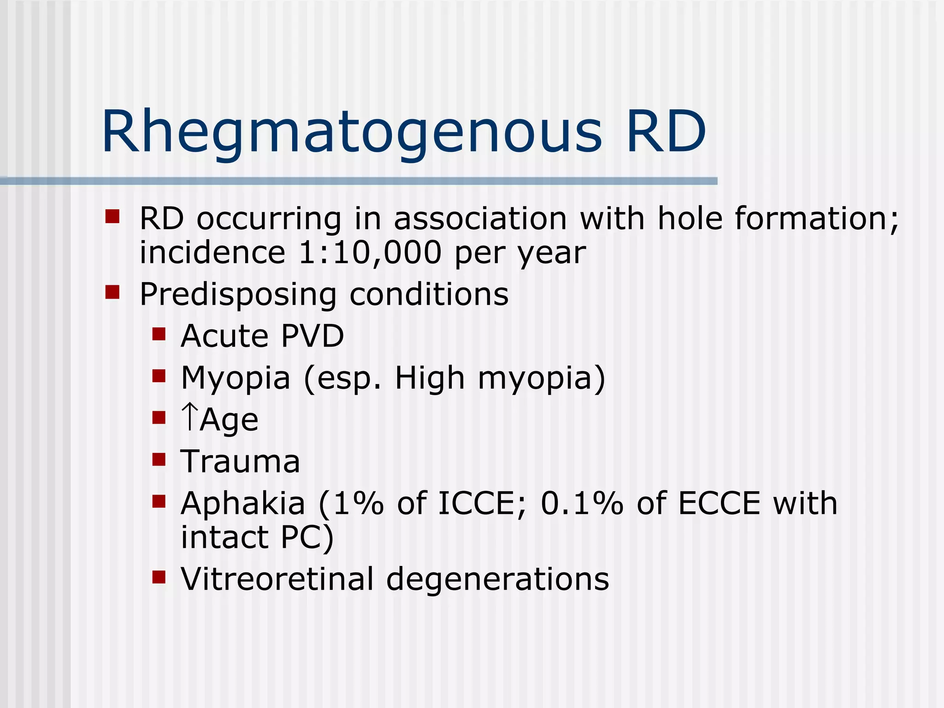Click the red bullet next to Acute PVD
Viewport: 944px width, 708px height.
coord(159,334)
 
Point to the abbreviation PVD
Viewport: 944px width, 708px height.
coord(312,336)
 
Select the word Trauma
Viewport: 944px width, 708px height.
coord(240,462)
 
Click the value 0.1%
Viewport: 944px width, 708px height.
coord(582,503)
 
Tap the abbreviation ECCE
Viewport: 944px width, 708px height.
coord(719,503)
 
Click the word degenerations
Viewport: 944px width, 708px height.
coord(497,580)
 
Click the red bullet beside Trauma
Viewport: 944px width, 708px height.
coord(159,460)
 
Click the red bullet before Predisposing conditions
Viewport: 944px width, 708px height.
coord(112,292)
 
